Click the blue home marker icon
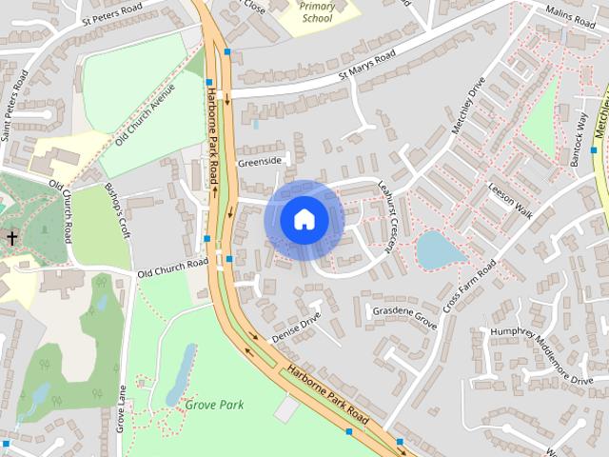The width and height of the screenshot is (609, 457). click(304, 219)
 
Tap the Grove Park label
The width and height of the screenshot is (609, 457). click(214, 405)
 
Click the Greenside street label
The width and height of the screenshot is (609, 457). click(260, 162)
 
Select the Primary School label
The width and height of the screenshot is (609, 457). click(317, 11)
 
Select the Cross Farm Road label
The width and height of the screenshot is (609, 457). click(469, 288)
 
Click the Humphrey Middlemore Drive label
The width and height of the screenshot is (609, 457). click(541, 354)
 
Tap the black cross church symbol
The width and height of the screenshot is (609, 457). click(12, 238)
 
